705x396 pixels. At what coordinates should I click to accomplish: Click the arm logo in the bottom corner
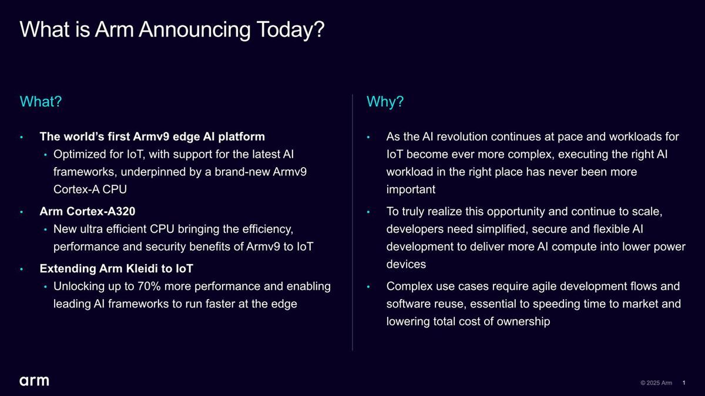click(x=34, y=381)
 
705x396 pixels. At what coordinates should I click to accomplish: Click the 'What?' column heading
click(x=41, y=101)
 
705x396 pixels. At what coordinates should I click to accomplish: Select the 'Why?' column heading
click(x=385, y=101)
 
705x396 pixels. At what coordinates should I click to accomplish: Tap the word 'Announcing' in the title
click(x=194, y=30)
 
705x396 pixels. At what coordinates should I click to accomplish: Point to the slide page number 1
click(x=684, y=383)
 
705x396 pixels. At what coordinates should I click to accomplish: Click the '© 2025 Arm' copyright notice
click(x=656, y=383)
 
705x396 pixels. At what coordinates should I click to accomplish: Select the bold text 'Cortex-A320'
click(x=101, y=211)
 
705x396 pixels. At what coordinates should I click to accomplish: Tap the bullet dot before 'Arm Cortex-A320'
click(x=21, y=212)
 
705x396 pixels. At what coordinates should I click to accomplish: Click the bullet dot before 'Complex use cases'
click(x=368, y=287)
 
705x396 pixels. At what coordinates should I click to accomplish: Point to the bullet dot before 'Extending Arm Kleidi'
click(x=21, y=269)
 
